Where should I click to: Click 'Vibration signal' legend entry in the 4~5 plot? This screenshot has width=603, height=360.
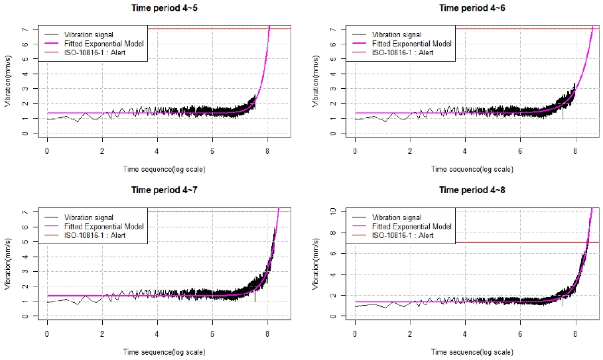pyautogui.click(x=88, y=34)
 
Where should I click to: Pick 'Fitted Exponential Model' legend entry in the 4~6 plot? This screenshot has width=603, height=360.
pyautogui.click(x=412, y=43)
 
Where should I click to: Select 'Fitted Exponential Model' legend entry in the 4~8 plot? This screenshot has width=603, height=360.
pyautogui.click(x=412, y=226)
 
